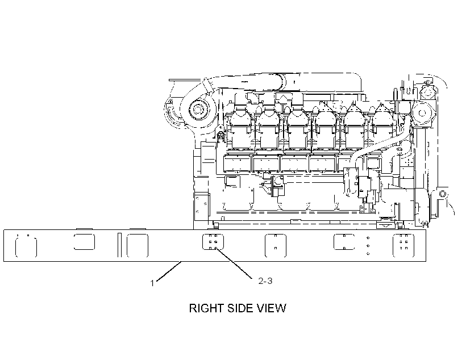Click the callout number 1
152,283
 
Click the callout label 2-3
265,281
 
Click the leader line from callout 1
169,271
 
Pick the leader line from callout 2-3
235,263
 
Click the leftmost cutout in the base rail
26,247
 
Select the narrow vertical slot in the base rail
119,245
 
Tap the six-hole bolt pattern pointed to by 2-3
213,241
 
